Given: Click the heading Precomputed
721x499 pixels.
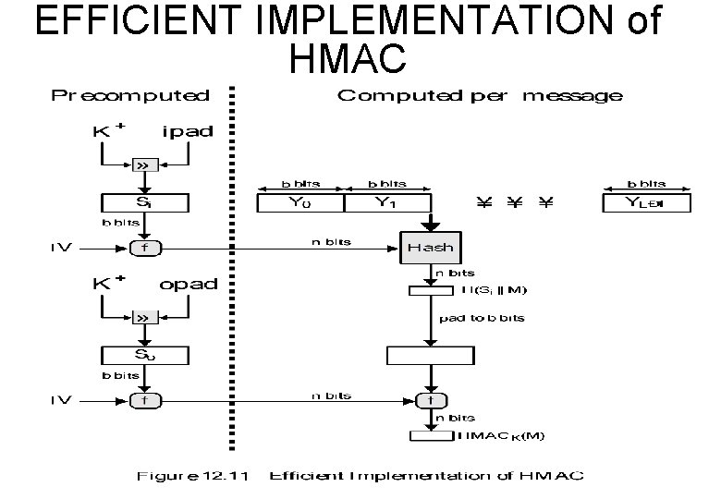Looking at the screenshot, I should click(130, 95).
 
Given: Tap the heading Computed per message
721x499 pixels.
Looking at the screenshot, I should click(480, 95).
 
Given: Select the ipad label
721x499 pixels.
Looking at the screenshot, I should click(187, 131).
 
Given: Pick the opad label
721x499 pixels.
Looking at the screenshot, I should click(188, 284).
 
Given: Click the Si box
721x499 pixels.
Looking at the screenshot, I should click(143, 202).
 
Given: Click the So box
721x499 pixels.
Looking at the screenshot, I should click(143, 355).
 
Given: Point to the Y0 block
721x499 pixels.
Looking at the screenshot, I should click(299, 202).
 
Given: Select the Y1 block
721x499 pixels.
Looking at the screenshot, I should click(386, 202).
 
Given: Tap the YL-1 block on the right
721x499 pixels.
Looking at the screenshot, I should click(645, 202).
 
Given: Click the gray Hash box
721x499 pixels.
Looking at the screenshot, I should click(430, 248).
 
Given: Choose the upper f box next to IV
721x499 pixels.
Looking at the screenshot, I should click(143, 248).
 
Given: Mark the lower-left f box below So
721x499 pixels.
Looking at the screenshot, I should click(143, 400).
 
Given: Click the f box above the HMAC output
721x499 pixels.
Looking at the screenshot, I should click(430, 400).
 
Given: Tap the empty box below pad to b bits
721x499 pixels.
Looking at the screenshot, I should click(430, 355).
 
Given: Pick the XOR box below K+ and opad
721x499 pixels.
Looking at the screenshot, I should click(143, 317).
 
